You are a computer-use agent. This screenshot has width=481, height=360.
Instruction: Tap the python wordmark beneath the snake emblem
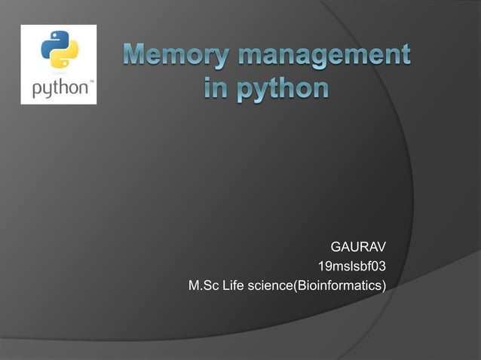[57, 87]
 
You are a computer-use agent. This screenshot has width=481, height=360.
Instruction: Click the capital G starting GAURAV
[335, 247]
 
